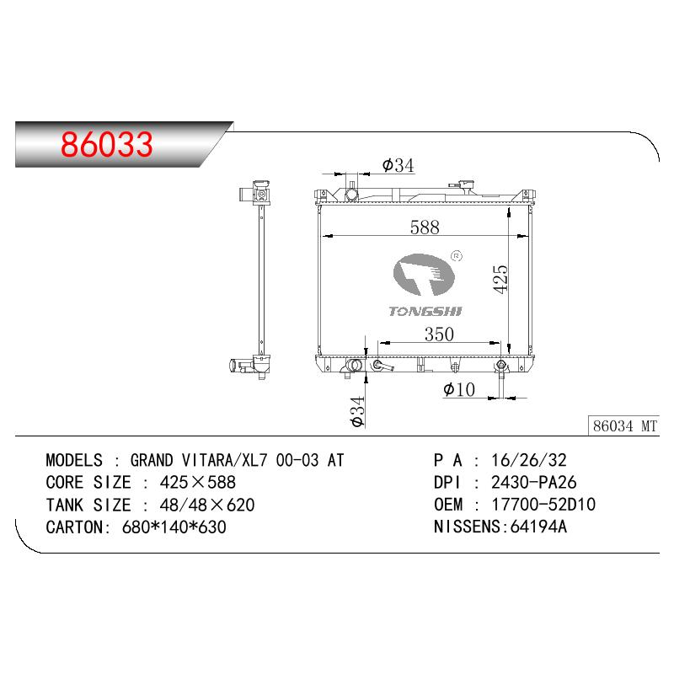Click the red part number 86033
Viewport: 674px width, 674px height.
click(107, 144)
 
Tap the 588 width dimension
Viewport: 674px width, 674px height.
click(425, 227)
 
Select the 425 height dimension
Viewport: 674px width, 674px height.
click(500, 280)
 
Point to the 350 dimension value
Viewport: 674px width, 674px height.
click(439, 334)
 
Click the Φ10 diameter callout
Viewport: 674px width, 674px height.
click(458, 389)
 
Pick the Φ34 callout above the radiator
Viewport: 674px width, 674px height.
click(398, 165)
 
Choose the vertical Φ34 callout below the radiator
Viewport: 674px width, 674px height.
click(357, 411)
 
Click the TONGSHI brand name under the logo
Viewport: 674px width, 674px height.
click(425, 311)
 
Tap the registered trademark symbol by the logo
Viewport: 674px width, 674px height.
click(457, 257)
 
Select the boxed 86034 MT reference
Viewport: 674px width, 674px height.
click(623, 425)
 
